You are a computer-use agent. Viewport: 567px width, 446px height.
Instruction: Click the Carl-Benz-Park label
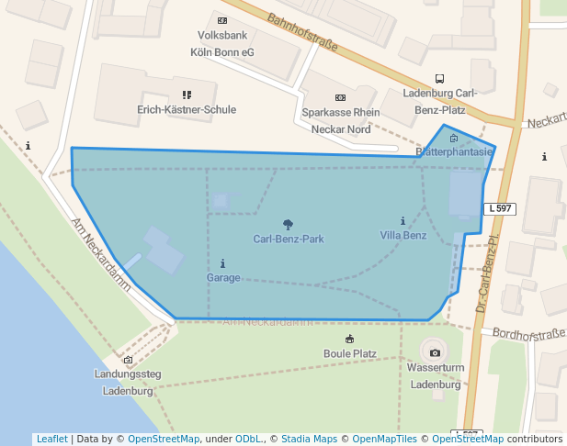pos(289,240)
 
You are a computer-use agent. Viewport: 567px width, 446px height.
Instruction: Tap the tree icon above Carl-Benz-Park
pos(289,225)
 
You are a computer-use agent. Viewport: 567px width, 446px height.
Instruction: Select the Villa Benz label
pos(403,236)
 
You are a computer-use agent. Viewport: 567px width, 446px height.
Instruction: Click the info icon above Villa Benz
pos(403,221)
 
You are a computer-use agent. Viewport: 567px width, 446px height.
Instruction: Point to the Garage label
pos(223,277)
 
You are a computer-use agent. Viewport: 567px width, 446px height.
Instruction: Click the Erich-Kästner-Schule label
pos(187,109)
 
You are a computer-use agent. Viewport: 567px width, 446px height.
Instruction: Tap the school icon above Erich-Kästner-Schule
pos(187,95)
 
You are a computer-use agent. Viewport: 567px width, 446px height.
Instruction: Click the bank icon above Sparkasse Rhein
pos(340,97)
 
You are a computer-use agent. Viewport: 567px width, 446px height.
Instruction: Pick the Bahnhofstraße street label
pos(302,33)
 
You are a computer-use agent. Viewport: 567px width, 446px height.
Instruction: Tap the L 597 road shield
pos(500,209)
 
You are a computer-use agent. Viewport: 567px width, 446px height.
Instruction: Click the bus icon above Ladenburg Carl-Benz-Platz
pos(439,79)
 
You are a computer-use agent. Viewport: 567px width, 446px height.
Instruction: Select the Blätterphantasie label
pos(454,151)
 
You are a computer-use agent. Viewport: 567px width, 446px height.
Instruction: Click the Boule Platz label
pos(350,353)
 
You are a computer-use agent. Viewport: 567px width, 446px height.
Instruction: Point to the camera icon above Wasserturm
pos(435,353)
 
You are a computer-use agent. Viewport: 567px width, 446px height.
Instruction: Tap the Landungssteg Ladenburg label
pos(128,382)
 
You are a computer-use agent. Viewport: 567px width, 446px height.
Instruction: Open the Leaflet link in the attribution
pos(51,440)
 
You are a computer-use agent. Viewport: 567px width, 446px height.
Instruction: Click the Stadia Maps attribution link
pos(309,440)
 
